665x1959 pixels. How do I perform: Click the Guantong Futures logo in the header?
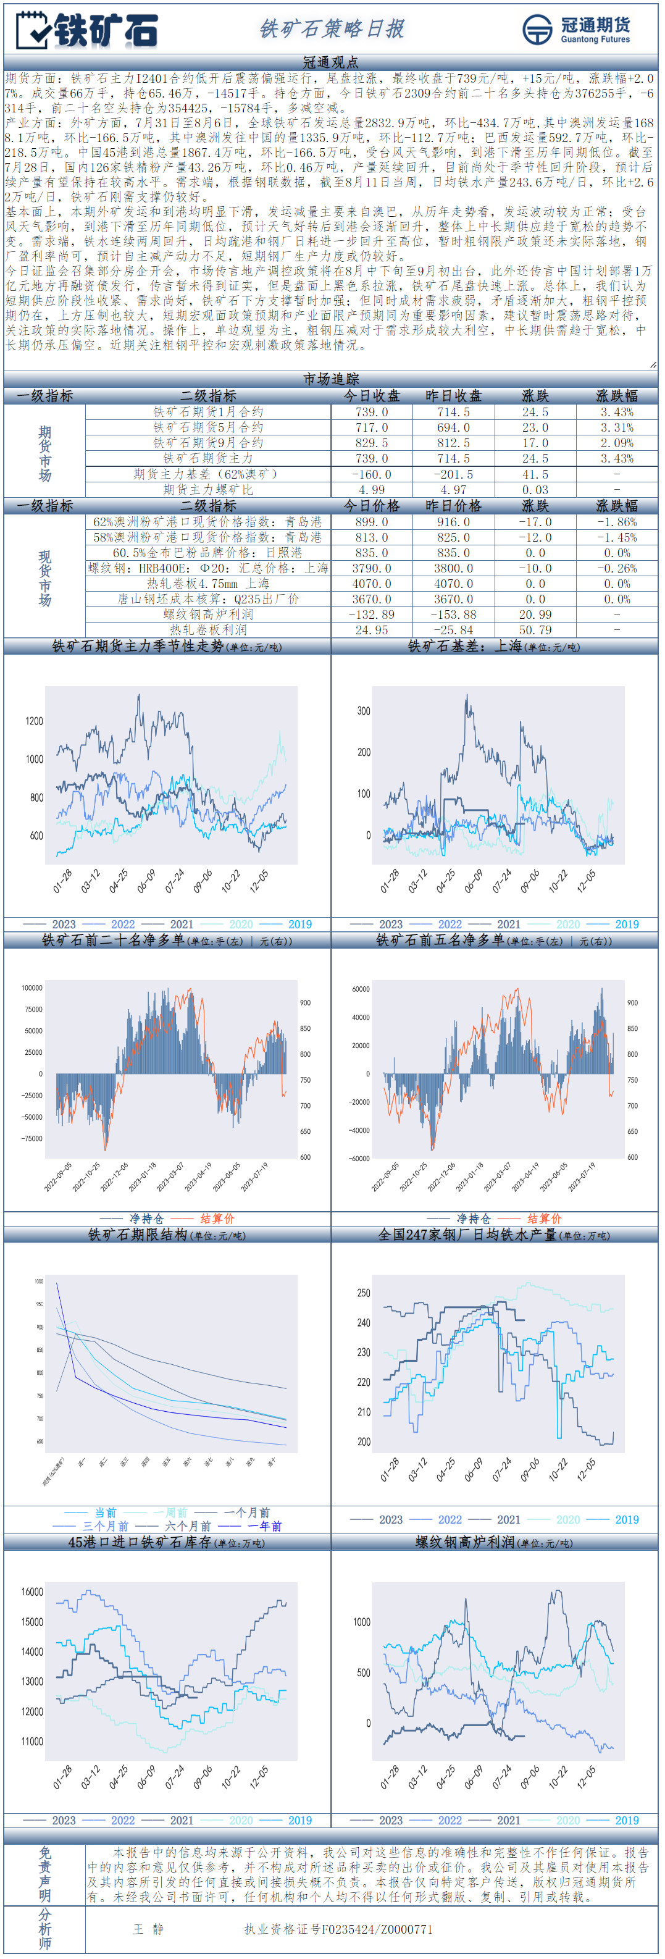pyautogui.click(x=576, y=30)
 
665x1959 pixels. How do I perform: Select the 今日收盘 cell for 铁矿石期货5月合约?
pyautogui.click(x=372, y=427)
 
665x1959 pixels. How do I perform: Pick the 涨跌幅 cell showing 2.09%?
pyautogui.click(x=616, y=443)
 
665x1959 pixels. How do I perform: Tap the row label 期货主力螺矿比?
pyautogui.click(x=207, y=490)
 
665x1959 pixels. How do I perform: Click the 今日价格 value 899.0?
pyautogui.click(x=372, y=522)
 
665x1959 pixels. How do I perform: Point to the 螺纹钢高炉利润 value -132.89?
pyautogui.click(x=372, y=615)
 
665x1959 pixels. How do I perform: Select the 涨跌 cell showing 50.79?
pyautogui.click(x=535, y=630)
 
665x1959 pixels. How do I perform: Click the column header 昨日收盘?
pyautogui.click(x=453, y=395)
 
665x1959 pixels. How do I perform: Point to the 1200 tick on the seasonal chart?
pyautogui.click(x=34, y=720)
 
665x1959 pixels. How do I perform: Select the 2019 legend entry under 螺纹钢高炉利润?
pyautogui.click(x=626, y=1820)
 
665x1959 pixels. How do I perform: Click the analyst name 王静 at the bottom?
pyautogui.click(x=148, y=1929)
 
